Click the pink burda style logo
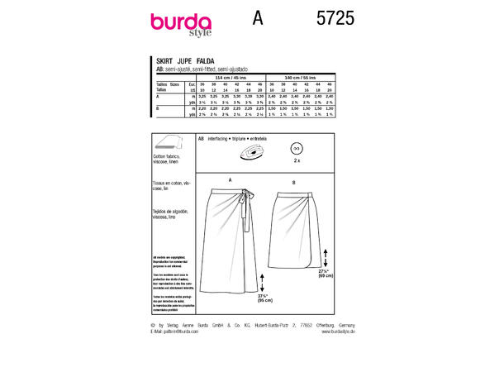pos(181,24)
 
